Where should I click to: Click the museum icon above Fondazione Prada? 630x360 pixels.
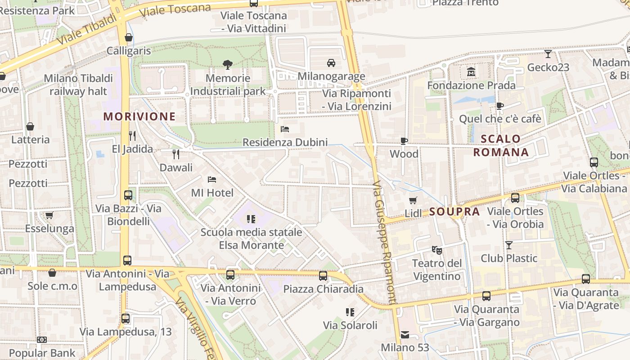tap(471, 72)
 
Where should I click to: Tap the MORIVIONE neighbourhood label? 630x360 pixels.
tap(139, 117)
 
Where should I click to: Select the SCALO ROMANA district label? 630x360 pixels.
tap(501, 145)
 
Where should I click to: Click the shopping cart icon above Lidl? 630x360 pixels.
tap(413, 200)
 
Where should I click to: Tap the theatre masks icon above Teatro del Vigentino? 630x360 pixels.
tap(436, 250)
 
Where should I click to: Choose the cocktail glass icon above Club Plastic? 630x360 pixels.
tap(509, 245)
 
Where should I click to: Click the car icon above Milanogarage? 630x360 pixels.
tap(331, 63)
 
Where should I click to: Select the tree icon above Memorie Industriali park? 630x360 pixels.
tap(228, 65)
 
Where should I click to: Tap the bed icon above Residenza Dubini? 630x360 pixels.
tap(285, 129)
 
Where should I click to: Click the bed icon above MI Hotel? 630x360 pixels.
tap(212, 180)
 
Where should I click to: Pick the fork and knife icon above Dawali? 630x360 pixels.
tap(176, 154)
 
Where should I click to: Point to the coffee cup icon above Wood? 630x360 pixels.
tap(404, 141)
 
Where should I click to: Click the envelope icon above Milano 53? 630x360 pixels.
tap(405, 334)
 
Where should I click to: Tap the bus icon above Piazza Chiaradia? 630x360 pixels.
tap(323, 275)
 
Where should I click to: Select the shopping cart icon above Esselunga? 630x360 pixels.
tap(49, 215)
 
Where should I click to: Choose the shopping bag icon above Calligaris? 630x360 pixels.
tap(129, 37)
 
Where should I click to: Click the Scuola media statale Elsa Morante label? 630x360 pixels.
tap(251, 239)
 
